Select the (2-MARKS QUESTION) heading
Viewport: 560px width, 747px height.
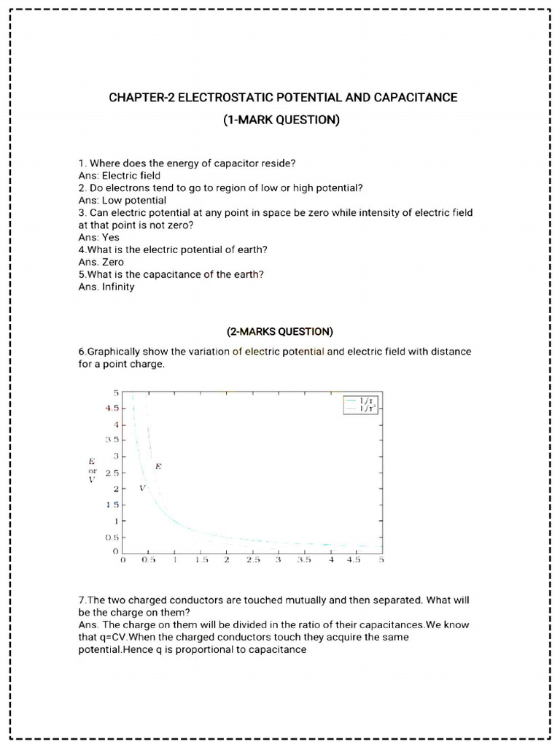pyautogui.click(x=281, y=332)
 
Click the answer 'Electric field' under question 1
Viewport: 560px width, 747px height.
pyautogui.click(x=131, y=176)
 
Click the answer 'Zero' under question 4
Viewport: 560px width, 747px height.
pyautogui.click(x=113, y=262)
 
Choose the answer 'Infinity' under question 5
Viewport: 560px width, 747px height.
pyautogui.click(x=118, y=287)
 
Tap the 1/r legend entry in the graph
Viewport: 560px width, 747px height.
pyautogui.click(x=364, y=400)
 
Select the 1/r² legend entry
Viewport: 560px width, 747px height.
pyautogui.click(x=364, y=410)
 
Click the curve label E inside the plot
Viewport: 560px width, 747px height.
pyautogui.click(x=158, y=465)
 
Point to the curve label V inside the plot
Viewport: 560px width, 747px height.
pyautogui.click(x=142, y=487)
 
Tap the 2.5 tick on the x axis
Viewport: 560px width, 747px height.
pyautogui.click(x=252, y=560)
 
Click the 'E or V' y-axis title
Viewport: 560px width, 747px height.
pyautogui.click(x=92, y=471)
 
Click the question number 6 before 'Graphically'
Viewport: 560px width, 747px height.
pyautogui.click(x=81, y=352)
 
